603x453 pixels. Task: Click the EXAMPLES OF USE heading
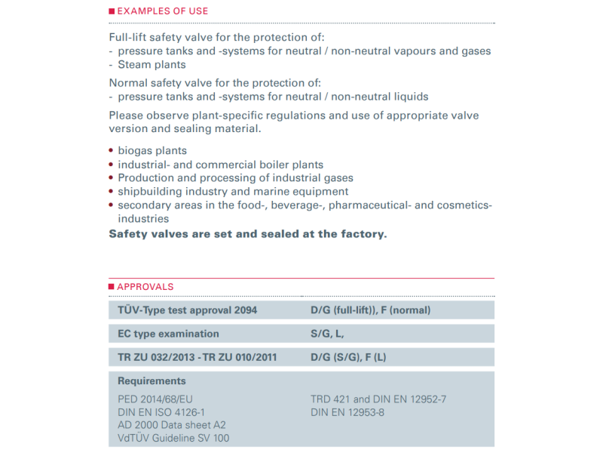tap(162, 11)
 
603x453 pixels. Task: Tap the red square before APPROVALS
tap(112, 287)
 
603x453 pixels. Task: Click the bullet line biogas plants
tap(152, 150)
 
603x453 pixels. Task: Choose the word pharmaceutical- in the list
tap(373, 205)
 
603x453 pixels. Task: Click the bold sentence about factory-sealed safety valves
tap(247, 234)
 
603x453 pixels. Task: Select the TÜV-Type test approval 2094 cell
tap(188, 310)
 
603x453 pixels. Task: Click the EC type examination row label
tap(169, 334)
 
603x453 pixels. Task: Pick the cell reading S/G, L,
tap(327, 334)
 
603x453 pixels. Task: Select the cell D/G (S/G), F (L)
tap(348, 357)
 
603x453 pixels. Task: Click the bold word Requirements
tap(152, 381)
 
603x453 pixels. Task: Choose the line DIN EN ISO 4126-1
tap(161, 412)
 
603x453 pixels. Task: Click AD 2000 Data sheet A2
tap(172, 425)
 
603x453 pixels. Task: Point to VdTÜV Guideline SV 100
tap(174, 438)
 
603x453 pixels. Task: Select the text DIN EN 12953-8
tap(347, 412)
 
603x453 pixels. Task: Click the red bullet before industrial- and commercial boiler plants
tap(112, 165)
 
